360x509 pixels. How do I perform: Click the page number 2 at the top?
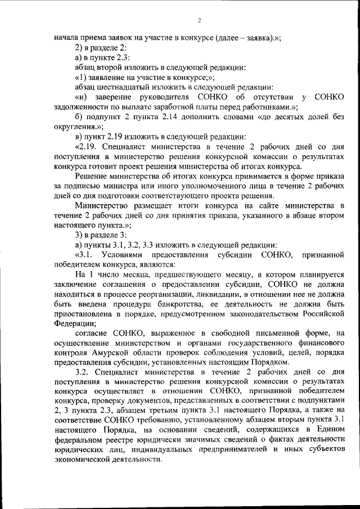pyautogui.click(x=199, y=21)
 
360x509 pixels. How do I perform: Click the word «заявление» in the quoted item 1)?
pyautogui.click(x=105, y=77)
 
